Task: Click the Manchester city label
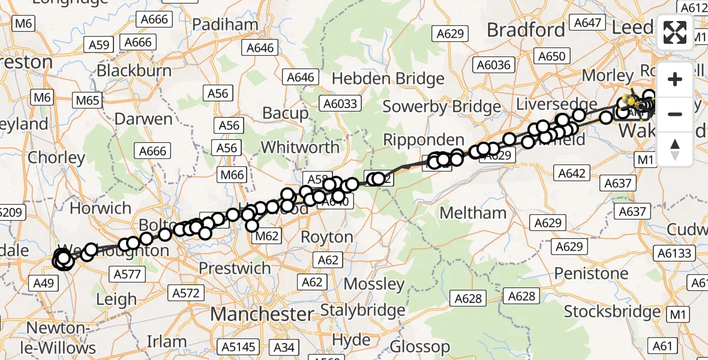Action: (262, 314)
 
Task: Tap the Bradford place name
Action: (526, 29)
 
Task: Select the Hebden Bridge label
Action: (388, 79)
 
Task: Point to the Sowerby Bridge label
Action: (441, 107)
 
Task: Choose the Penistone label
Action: (591, 274)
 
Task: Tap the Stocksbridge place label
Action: (612, 312)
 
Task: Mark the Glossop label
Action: (420, 346)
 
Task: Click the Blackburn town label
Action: (134, 70)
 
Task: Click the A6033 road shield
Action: (339, 103)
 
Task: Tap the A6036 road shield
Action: (493, 65)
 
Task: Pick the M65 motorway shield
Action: (87, 100)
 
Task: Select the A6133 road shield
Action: (675, 253)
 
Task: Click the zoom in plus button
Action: (675, 79)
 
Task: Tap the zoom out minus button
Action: (675, 114)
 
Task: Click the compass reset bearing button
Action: (675, 149)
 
